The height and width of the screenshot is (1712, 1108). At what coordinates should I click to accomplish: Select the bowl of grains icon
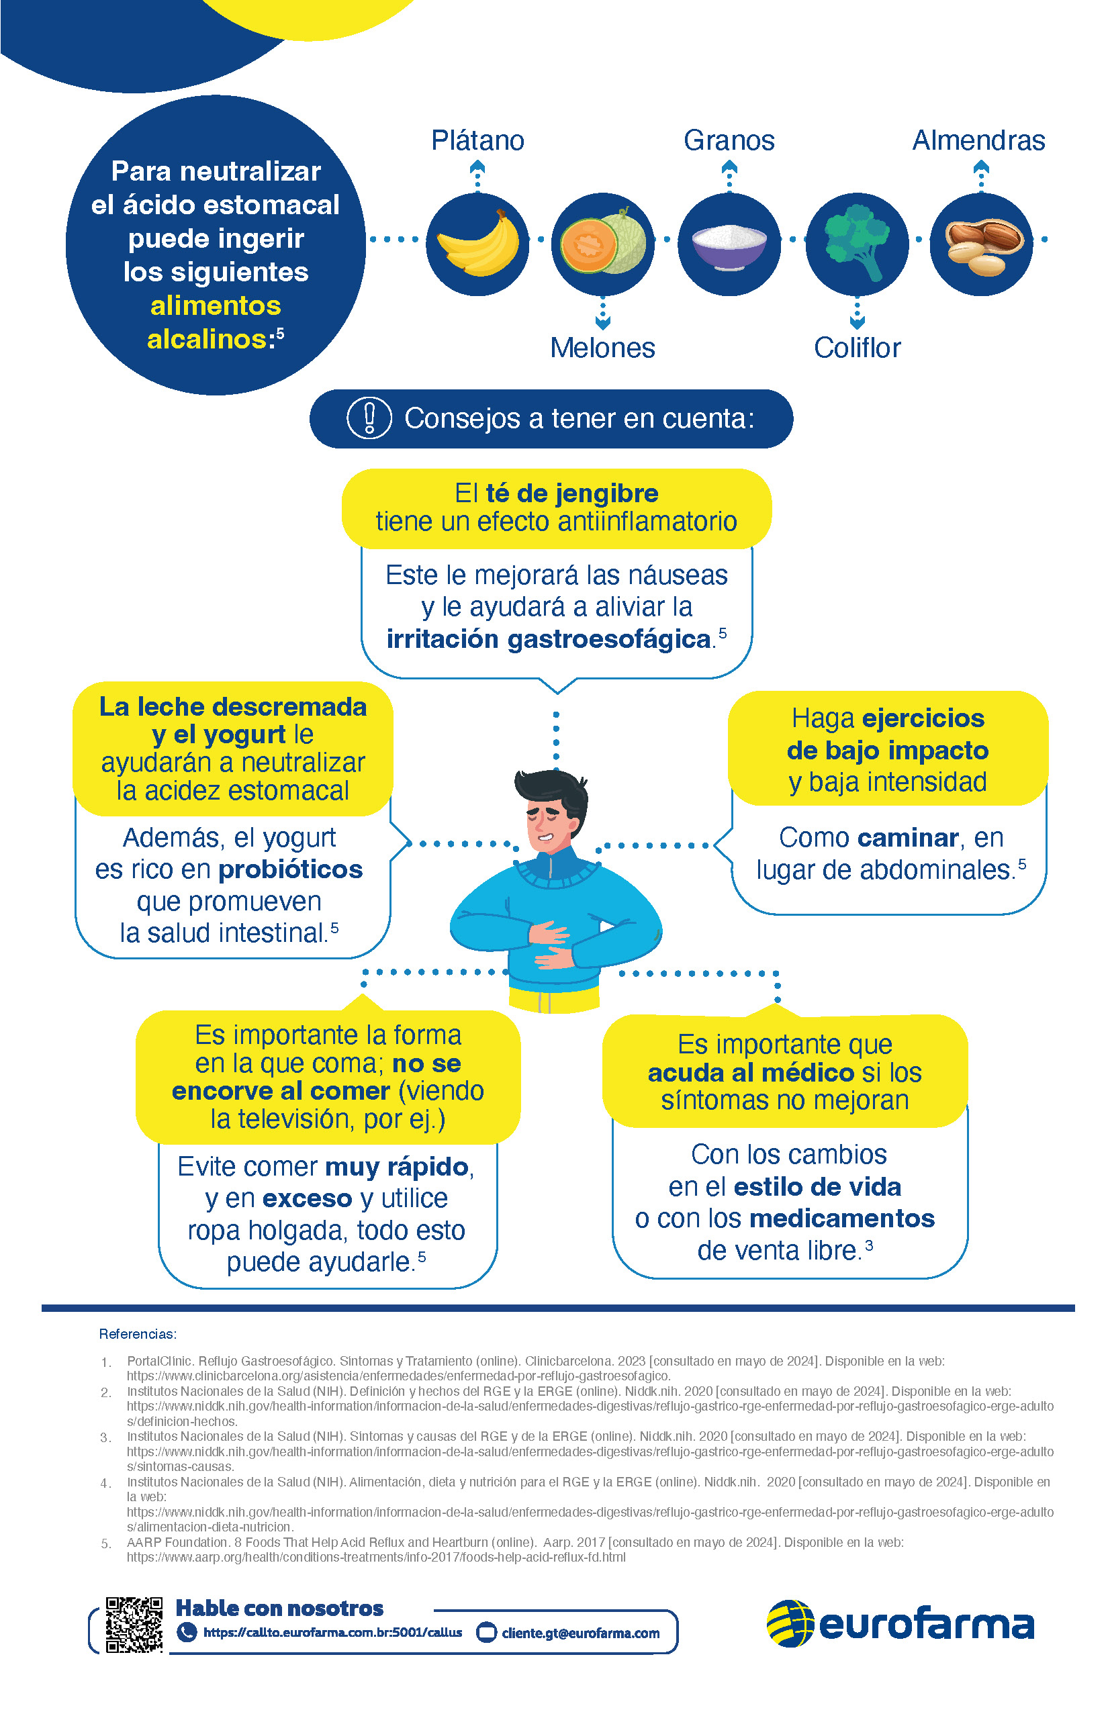tap(729, 244)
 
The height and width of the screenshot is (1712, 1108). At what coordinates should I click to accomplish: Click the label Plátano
tap(477, 140)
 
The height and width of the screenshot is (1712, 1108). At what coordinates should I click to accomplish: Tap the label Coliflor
tap(857, 348)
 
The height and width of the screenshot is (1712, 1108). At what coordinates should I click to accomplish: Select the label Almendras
tap(978, 140)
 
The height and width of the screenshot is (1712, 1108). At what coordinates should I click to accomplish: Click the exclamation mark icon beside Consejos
tap(369, 418)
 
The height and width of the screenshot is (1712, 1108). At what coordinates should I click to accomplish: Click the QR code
tap(134, 1624)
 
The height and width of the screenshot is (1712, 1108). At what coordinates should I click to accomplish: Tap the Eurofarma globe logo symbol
tap(790, 1623)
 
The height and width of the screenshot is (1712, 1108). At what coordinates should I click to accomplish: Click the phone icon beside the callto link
tap(187, 1632)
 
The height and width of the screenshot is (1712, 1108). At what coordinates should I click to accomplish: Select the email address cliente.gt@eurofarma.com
tap(581, 1633)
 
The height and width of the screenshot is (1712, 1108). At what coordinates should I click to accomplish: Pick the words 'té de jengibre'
tap(572, 493)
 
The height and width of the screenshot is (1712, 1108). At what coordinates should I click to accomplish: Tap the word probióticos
tap(291, 869)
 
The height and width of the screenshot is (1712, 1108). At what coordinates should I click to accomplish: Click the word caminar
tap(908, 837)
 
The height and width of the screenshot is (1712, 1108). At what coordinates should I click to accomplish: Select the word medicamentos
tap(842, 1218)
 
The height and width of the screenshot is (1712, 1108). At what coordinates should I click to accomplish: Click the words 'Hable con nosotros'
tap(279, 1609)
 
